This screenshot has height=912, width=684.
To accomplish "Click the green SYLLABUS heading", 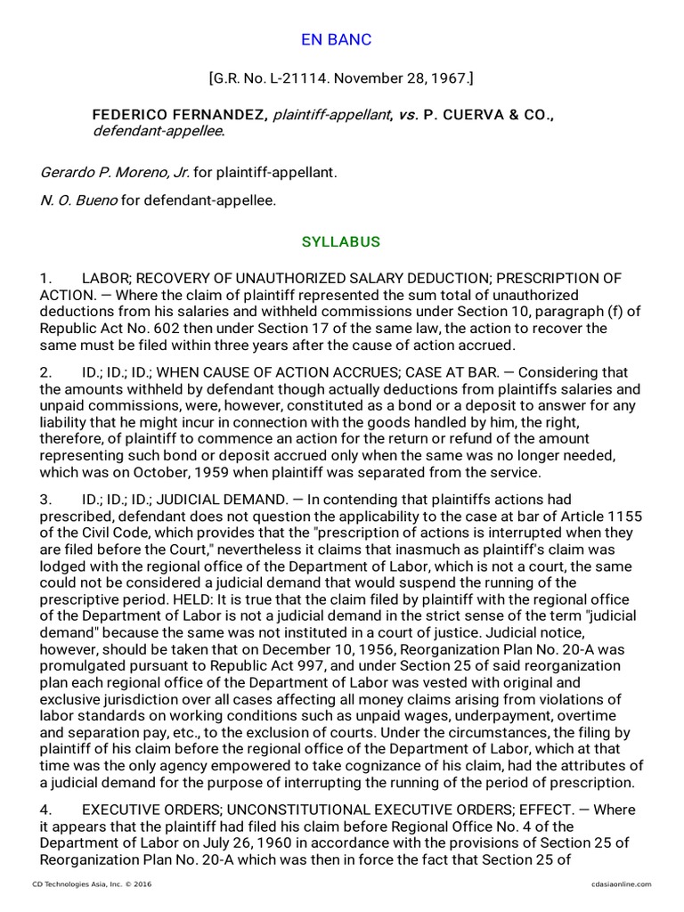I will (341, 242).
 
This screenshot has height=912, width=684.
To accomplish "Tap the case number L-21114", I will (308, 78).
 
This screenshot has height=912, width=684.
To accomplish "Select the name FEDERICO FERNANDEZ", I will (178, 116).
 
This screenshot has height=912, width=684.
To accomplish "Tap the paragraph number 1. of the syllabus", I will (46, 279).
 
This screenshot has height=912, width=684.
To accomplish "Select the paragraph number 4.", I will (46, 810).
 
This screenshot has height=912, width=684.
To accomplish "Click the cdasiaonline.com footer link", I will (621, 884).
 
